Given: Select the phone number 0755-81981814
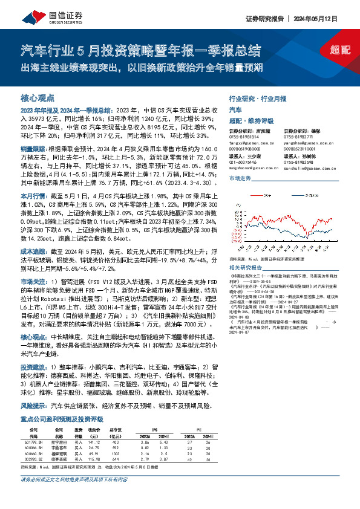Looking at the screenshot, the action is pyautogui.click(x=245, y=137).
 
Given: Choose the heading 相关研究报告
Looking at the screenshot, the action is pyautogui.click(x=245, y=267).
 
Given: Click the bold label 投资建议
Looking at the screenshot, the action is pyautogui.click(x=34, y=366).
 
